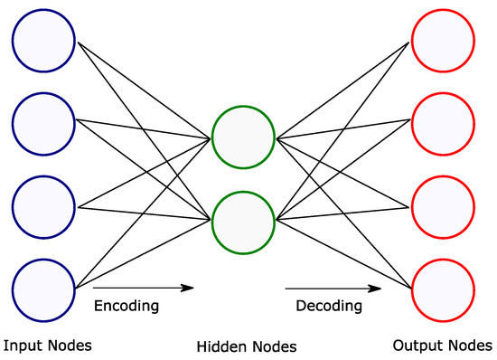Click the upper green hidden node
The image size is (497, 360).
(242, 138)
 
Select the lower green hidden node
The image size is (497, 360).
(242, 220)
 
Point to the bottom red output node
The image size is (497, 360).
(442, 288)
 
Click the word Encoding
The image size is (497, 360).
(126, 307)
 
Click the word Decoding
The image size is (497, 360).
(330, 307)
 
